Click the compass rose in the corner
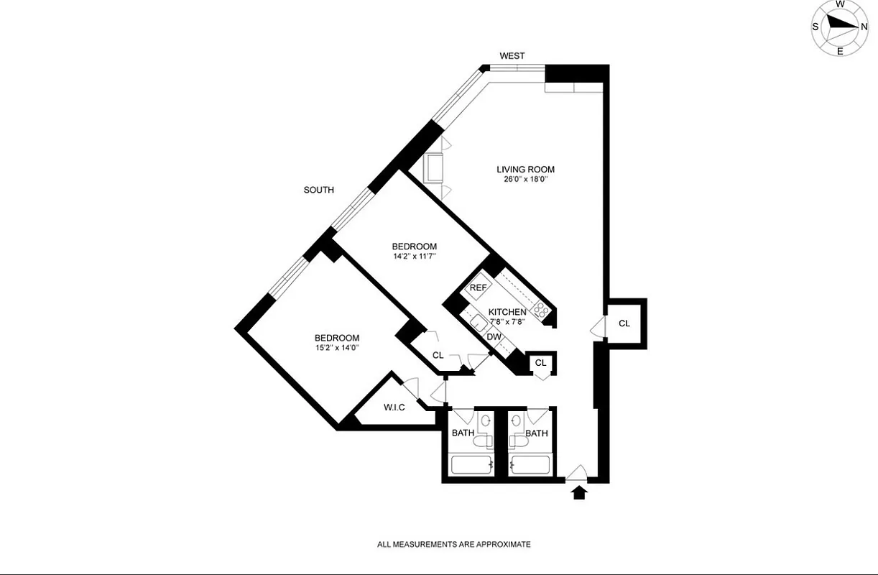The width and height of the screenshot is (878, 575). click(840, 27)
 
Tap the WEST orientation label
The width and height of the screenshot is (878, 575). click(512, 56)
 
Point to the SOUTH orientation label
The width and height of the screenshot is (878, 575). click(319, 190)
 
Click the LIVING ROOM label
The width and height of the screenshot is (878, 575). click(526, 170)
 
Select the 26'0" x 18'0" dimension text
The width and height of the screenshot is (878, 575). click(526, 180)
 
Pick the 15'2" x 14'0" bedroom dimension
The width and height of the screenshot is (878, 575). click(337, 348)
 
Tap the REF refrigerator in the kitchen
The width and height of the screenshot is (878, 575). click(478, 287)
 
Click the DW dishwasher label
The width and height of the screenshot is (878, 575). click(494, 336)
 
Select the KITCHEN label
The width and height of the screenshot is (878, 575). click(507, 312)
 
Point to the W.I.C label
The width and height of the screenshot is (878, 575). click(394, 408)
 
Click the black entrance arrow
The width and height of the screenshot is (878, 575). click(579, 493)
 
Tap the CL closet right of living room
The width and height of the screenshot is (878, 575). click(624, 323)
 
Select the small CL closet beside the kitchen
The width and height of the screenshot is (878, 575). click(540, 363)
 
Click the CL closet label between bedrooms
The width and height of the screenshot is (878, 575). click(438, 355)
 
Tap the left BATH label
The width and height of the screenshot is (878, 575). click(463, 433)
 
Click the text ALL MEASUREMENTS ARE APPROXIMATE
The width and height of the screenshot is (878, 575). click(454, 544)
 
